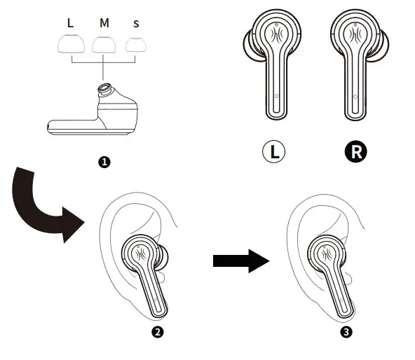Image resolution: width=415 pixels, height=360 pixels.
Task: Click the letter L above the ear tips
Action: coord(69,23)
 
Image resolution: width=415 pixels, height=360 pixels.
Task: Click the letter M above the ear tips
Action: coord(104,23)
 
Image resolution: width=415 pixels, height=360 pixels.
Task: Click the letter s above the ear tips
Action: coord(136,23)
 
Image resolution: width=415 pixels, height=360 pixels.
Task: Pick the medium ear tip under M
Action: coord(104,46)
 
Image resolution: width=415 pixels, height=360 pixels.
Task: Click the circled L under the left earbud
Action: coord(274,151)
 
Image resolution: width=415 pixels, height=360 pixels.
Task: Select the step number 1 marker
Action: coord(104,162)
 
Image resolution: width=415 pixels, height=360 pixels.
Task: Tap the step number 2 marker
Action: coord(158,332)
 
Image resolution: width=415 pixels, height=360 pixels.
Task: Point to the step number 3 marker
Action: coord(345,332)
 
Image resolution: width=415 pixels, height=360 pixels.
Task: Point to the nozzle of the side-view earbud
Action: coord(105,90)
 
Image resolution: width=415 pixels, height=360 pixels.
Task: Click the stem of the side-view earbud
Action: coord(70,127)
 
